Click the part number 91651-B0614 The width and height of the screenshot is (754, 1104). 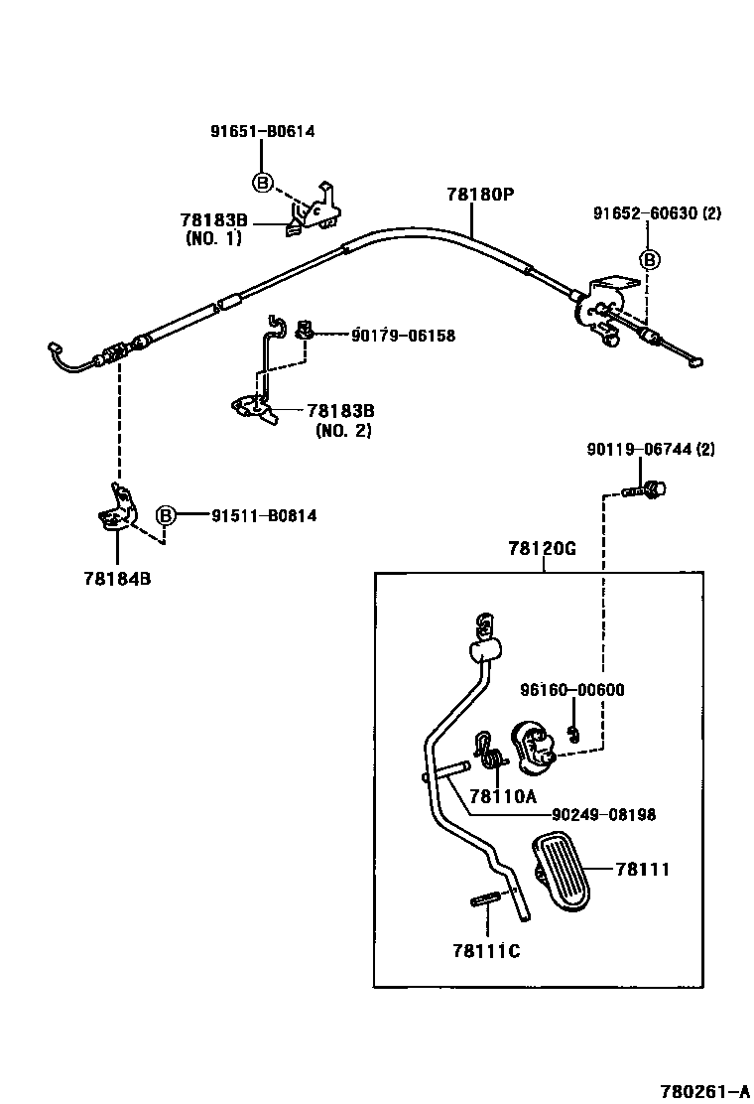point(262,131)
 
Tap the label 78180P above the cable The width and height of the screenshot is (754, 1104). point(479,195)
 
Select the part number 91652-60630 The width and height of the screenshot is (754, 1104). point(645,213)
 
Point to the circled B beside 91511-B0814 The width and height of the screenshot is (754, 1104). point(166,515)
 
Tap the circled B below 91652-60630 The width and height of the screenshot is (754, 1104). point(648,260)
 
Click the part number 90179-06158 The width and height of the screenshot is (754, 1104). point(403,336)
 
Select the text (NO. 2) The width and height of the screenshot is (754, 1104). point(343,431)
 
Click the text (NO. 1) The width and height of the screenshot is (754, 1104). point(213,238)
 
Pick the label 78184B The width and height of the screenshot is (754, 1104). point(117,578)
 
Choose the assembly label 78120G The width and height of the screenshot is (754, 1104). point(542,548)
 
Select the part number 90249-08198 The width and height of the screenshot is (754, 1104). point(603,814)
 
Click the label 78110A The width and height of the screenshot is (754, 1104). point(503,795)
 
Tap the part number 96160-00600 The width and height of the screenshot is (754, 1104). point(572,690)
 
